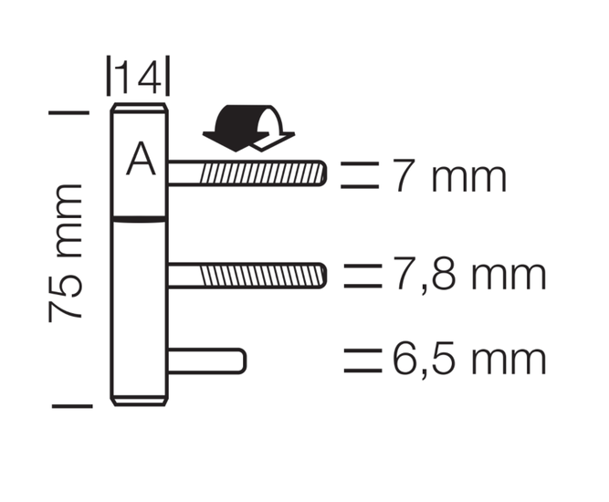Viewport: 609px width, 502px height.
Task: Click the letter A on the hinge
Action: (x=141, y=159)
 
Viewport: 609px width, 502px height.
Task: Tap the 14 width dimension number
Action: (x=139, y=77)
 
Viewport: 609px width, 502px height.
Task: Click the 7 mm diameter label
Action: (x=450, y=176)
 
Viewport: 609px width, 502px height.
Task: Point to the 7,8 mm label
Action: (x=470, y=273)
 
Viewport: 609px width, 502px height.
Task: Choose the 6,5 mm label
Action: (x=470, y=360)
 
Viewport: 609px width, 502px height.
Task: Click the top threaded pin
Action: (x=247, y=173)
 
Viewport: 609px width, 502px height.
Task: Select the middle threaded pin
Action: (x=247, y=276)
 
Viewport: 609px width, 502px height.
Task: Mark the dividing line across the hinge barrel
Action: (x=139, y=219)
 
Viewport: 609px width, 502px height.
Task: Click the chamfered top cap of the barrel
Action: (x=139, y=109)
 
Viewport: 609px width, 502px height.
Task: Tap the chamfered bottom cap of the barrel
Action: (x=139, y=401)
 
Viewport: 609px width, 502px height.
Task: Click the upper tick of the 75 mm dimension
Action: (x=69, y=112)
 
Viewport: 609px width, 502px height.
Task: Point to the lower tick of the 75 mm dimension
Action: (x=73, y=406)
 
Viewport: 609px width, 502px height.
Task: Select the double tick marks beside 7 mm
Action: (x=360, y=175)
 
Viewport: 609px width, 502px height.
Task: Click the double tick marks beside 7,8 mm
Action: (x=362, y=276)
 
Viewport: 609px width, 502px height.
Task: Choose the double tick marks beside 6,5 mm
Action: (x=362, y=361)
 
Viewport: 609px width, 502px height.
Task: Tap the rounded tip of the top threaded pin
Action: (x=323, y=173)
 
